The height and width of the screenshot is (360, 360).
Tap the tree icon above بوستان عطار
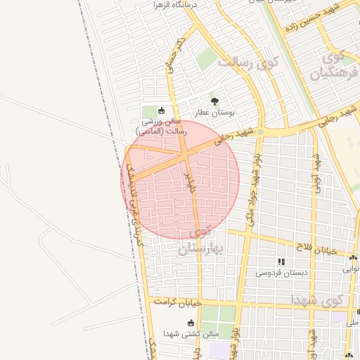214,101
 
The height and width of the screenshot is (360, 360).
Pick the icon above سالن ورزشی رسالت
161,110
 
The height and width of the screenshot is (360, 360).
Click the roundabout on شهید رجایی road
261,131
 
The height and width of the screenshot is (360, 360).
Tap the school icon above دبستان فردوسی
281,262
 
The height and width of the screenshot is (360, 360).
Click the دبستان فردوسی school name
281,272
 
